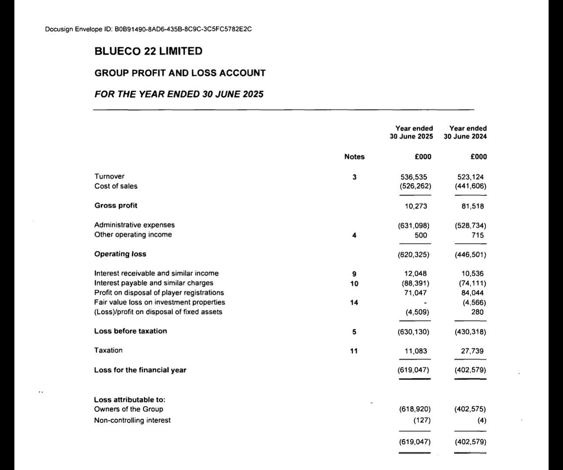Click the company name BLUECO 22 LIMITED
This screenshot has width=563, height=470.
coord(148,51)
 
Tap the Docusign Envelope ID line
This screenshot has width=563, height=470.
coord(148,29)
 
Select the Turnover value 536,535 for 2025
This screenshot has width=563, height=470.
coord(414,177)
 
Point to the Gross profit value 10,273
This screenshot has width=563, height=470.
coord(416,206)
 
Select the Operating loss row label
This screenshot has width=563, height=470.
coord(120,254)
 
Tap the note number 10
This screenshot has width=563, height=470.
coord(354,284)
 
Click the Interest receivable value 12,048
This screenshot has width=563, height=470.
coord(415,274)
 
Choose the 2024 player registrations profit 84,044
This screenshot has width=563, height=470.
coord(472,293)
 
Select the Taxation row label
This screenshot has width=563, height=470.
coord(108,350)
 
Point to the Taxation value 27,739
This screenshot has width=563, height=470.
coord(472,351)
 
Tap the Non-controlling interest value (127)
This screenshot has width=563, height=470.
coord(422,420)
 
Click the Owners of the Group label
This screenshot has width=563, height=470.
coord(128,409)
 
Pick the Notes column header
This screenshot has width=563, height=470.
coord(354,157)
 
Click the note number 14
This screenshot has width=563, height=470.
coord(354,302)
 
